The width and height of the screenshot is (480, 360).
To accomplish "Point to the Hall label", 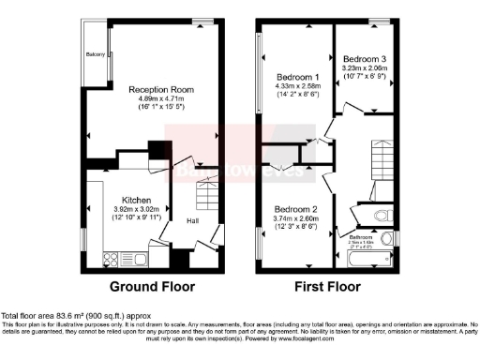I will tap(193, 221).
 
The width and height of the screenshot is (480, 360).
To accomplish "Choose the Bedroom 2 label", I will tap(295, 208).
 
